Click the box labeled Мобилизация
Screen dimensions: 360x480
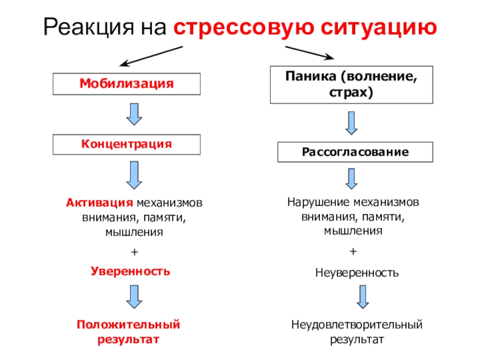coord(126,84)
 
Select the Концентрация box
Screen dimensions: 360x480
coord(126,145)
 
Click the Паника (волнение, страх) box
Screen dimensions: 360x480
coord(352,85)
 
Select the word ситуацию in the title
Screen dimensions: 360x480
coord(373,27)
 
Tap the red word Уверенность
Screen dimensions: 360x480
coord(130,271)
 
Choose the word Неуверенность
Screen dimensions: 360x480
coord(356,273)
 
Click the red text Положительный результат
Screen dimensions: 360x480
coord(128,332)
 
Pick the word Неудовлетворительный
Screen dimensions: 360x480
coord(357,325)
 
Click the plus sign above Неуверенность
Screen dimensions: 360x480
coord(353,250)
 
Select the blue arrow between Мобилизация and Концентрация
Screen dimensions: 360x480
coord(135,114)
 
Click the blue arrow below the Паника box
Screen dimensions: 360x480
coord(352,123)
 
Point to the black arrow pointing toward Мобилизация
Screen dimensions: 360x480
coord(150,56)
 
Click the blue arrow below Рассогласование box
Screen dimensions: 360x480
coord(352,179)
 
